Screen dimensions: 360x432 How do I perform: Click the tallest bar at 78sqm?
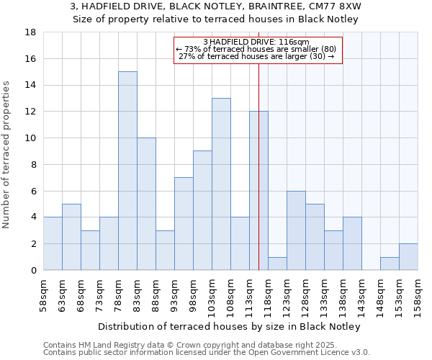(x=127, y=171)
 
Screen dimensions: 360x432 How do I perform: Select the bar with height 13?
(x=221, y=184)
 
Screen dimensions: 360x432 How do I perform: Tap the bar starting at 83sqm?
(x=146, y=204)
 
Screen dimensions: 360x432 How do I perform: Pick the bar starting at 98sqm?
(x=202, y=210)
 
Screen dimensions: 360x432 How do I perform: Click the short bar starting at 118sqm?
(x=277, y=264)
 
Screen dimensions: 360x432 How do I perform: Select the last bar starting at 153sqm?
(x=408, y=257)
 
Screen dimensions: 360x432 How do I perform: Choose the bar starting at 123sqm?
(x=296, y=230)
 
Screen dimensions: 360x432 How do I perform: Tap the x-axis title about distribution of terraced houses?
(x=229, y=327)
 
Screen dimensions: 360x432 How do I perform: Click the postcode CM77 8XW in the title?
(x=338, y=6)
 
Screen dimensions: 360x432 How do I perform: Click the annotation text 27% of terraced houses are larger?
(x=256, y=56)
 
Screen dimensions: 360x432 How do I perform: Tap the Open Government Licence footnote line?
(x=207, y=353)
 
